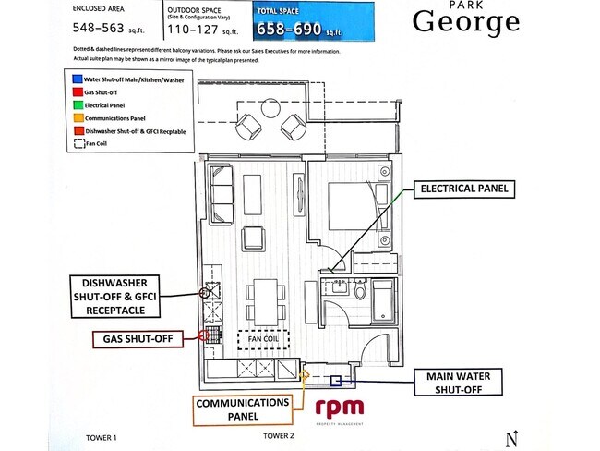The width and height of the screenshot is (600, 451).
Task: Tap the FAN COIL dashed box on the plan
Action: [x=263, y=339]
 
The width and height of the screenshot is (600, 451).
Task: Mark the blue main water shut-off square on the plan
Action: [x=338, y=380]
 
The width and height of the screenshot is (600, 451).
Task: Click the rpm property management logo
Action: [x=340, y=408]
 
